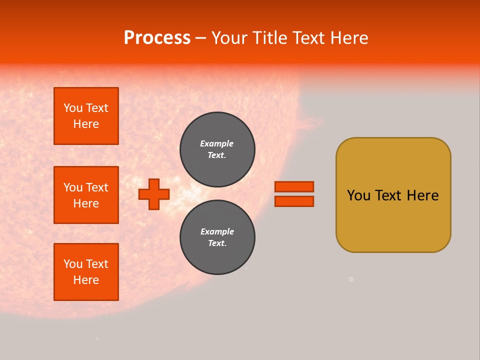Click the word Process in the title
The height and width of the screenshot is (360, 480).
click(x=157, y=38)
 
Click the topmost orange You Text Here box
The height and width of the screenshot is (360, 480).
click(x=86, y=116)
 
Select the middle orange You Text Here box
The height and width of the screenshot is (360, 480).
click(x=86, y=195)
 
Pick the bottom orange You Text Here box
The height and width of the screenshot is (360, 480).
click(x=86, y=272)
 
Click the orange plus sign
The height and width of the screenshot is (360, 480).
click(x=154, y=194)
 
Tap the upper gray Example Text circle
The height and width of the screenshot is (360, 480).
click(x=217, y=149)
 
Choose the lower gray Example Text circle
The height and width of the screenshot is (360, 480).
click(x=217, y=237)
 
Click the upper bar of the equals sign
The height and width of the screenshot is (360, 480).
click(x=294, y=186)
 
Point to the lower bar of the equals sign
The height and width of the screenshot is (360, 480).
click(x=294, y=201)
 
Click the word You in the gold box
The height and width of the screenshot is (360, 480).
click(x=358, y=195)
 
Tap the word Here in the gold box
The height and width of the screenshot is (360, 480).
click(x=422, y=195)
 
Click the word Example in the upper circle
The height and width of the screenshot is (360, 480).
click(x=217, y=144)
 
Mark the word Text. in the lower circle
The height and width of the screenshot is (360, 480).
click(x=217, y=243)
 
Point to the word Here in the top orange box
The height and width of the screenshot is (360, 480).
click(x=86, y=124)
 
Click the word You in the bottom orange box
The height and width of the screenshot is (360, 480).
click(x=73, y=264)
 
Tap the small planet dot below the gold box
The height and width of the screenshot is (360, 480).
click(x=351, y=279)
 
